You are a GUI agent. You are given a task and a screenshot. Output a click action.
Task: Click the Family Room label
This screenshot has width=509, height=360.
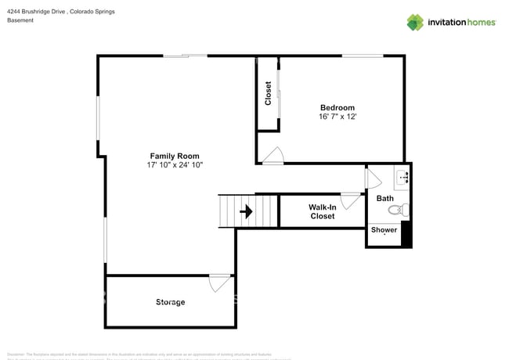[x=175, y=156]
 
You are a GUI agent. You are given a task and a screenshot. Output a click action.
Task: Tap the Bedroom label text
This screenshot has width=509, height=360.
[x=337, y=107]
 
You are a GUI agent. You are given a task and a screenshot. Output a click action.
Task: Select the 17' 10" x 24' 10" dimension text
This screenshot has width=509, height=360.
[x=175, y=165]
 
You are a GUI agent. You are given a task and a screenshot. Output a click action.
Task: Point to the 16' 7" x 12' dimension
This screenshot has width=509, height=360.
[x=337, y=117]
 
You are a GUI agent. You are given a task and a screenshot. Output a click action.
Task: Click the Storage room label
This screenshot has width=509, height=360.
[x=170, y=302]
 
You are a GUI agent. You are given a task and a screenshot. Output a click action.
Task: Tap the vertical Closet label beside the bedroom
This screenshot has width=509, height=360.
[x=268, y=94]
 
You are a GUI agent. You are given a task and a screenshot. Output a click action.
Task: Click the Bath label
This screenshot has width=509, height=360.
[x=385, y=199]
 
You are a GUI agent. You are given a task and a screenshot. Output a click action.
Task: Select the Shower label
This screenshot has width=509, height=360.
[x=384, y=230]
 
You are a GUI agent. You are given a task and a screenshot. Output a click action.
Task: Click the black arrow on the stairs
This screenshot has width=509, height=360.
[x=246, y=211]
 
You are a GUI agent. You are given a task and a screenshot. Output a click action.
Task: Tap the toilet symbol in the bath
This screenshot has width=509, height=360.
[x=399, y=210]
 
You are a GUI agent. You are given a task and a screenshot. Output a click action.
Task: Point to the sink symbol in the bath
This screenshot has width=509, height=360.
[x=403, y=177]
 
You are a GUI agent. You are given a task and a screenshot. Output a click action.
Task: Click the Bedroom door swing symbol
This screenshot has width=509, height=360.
[x=273, y=157]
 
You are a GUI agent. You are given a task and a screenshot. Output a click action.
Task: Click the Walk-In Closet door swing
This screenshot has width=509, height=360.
[x=350, y=201]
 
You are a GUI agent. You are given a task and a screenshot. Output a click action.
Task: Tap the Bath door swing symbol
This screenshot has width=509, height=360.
[x=373, y=179]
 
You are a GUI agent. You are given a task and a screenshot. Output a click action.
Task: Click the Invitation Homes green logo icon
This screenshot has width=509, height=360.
[x=415, y=22]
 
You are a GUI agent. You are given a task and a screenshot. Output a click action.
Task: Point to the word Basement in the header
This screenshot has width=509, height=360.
[x=20, y=20]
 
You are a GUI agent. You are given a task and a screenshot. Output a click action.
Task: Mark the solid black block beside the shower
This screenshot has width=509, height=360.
[x=406, y=235]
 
